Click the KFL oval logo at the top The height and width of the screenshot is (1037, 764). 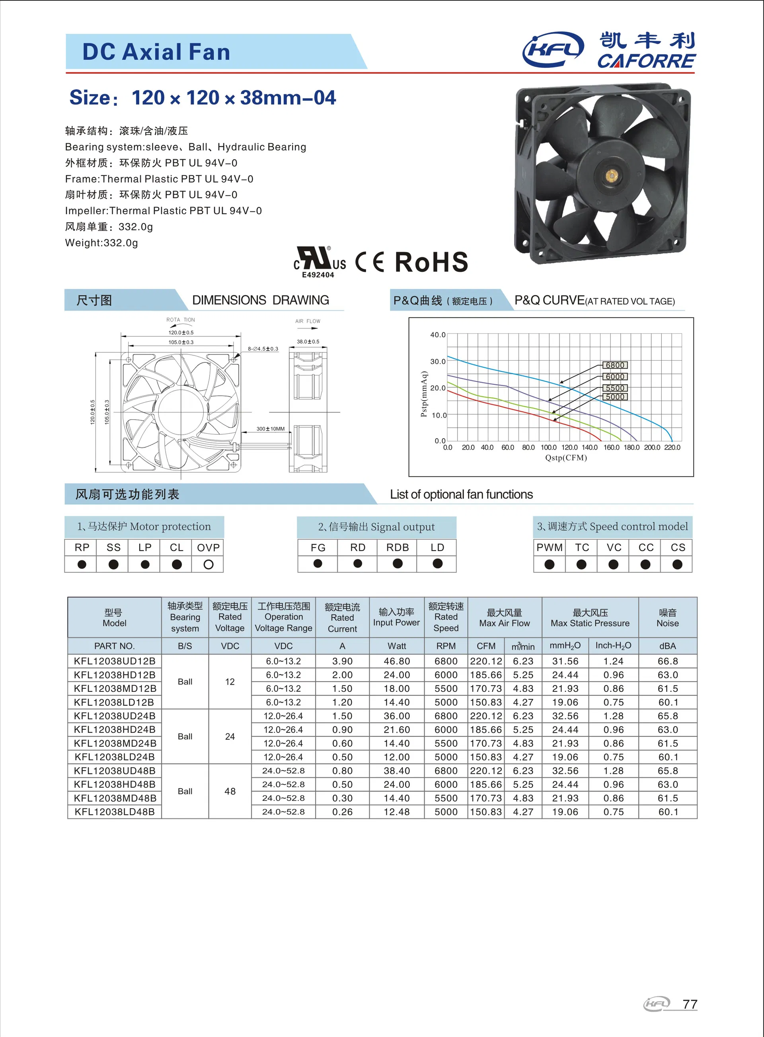(553, 49)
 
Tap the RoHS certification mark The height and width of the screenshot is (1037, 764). (431, 262)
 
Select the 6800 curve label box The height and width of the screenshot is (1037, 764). (615, 365)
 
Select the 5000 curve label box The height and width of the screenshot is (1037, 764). (615, 397)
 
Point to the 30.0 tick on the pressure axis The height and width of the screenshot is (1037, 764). (437, 361)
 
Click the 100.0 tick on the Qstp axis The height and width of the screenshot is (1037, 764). (548, 447)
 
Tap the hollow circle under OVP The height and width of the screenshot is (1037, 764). (208, 564)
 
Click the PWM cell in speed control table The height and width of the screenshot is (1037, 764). (550, 547)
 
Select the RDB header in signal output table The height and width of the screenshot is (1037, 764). (397, 547)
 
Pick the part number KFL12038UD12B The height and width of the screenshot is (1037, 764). (114, 661)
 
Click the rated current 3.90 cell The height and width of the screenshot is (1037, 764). (342, 661)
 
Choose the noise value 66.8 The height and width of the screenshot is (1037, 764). (667, 661)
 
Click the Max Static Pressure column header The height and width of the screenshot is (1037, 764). (590, 618)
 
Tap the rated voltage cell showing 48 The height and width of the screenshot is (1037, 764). (230, 791)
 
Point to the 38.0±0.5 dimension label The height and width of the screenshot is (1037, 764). (308, 341)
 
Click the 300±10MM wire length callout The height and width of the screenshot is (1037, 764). (271, 429)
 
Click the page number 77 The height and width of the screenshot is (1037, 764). (690, 1004)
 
